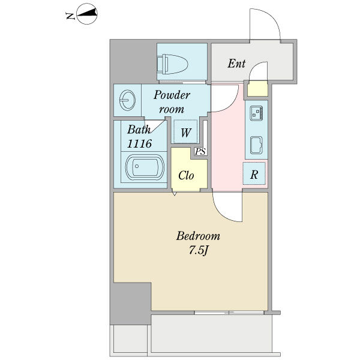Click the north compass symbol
tap(87, 14)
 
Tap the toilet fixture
tap(173, 64)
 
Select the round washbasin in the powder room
tap(127, 100)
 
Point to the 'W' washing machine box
tap(186, 131)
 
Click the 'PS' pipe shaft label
tap(200, 152)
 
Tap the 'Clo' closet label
tap(186, 176)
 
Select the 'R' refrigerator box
tap(254, 173)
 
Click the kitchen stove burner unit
tap(256, 113)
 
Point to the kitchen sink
tap(256, 145)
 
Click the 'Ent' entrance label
tap(236, 64)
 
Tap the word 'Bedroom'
tap(198, 236)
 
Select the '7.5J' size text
tap(199, 251)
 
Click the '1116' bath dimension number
tap(139, 144)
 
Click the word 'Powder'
tap(172, 95)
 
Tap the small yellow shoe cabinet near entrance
tap(257, 88)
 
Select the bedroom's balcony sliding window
tap(229, 313)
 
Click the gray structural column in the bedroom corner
tap(131, 304)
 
